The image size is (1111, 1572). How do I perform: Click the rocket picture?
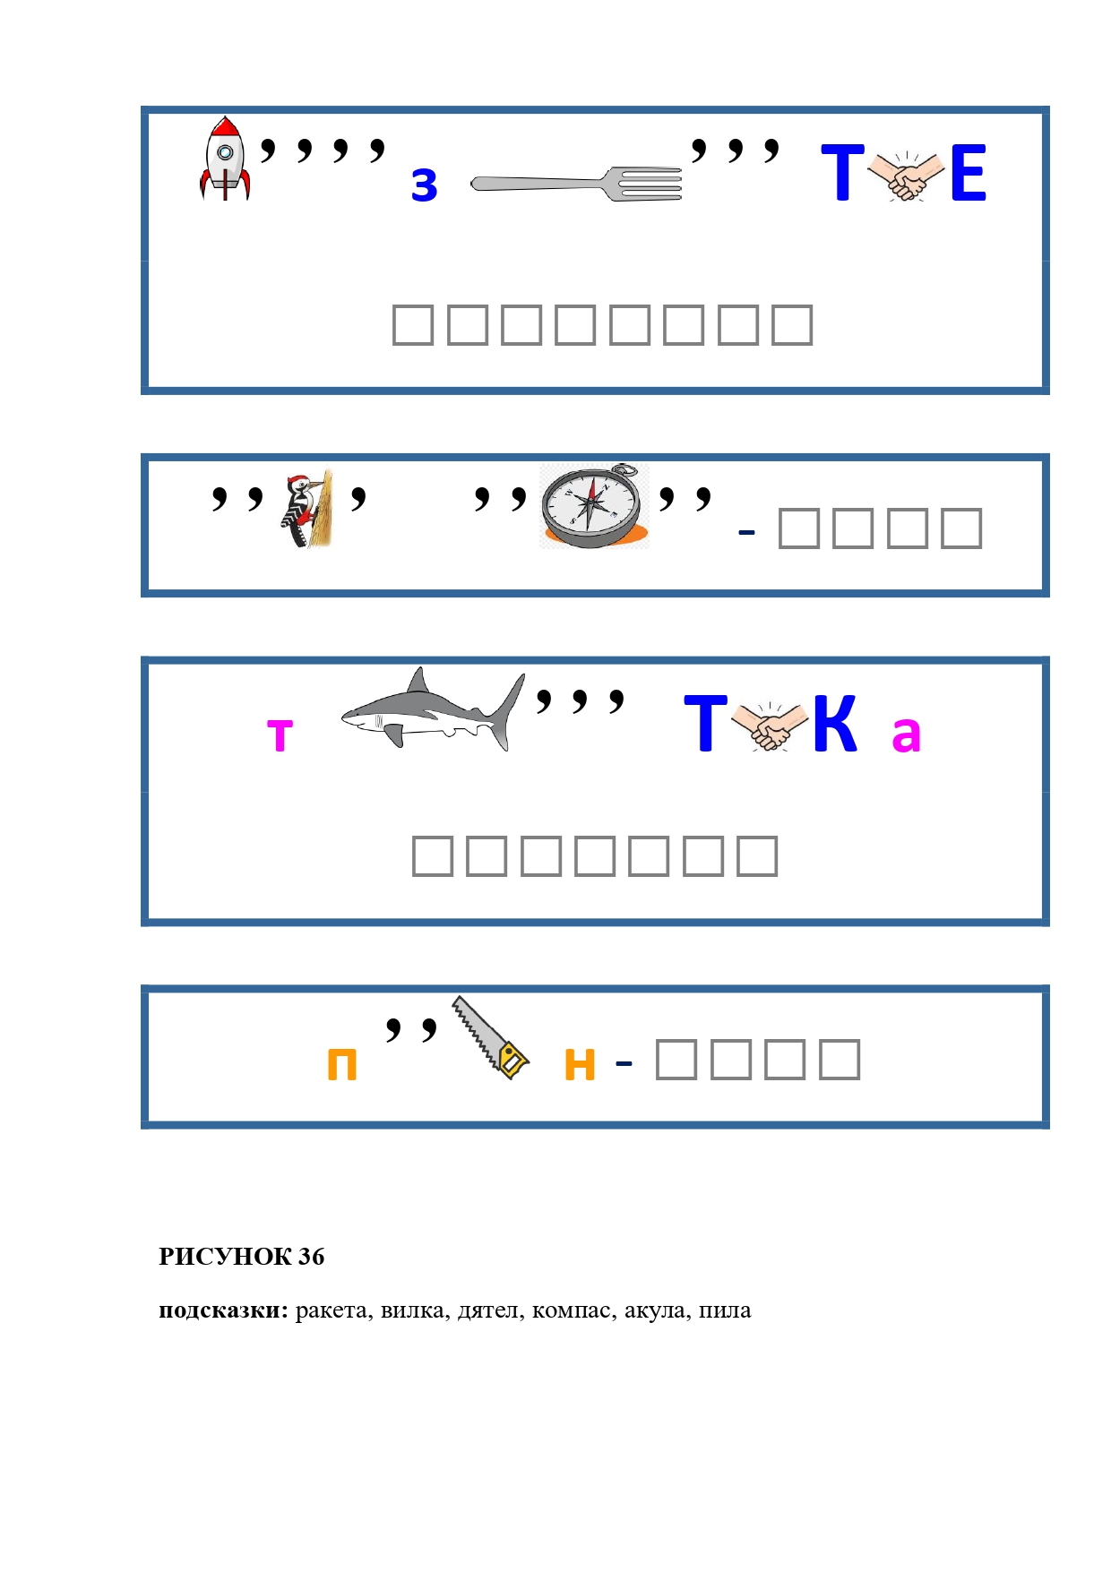pyautogui.click(x=225, y=159)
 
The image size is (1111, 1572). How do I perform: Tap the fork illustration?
pyautogui.click(x=576, y=184)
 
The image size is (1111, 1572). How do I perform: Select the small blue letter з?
pyautogui.click(x=425, y=185)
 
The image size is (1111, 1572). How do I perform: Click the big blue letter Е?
pyautogui.click(x=968, y=173)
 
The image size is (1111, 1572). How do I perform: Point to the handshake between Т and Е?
pyautogui.click(x=907, y=176)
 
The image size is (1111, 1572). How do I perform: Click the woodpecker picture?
pyautogui.click(x=307, y=508)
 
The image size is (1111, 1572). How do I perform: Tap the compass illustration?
pyautogui.click(x=592, y=506)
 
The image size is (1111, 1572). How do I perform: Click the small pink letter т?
pyautogui.click(x=280, y=735)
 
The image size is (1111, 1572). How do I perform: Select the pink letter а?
pyautogui.click(x=906, y=734)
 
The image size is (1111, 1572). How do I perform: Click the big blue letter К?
pyautogui.click(x=835, y=724)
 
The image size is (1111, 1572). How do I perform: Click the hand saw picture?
pyautogui.click(x=489, y=1036)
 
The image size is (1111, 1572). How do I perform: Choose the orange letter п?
pyautogui.click(x=342, y=1065)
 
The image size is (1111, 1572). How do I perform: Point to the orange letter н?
pyautogui.click(x=580, y=1065)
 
